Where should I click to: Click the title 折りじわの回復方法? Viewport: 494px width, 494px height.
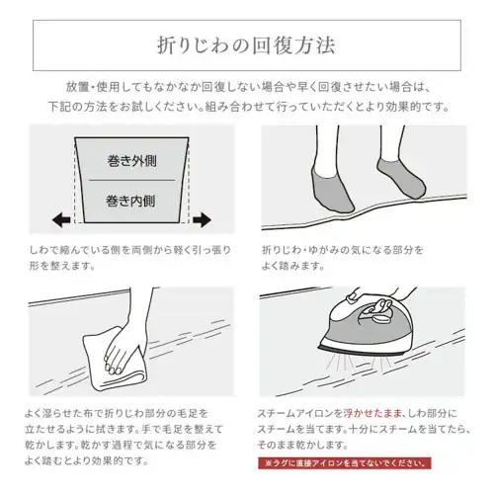point(247,44)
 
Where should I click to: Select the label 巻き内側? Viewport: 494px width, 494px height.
point(131,201)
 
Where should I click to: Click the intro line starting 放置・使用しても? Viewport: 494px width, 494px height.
point(247,86)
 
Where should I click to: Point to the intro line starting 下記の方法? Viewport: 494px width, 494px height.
point(247,106)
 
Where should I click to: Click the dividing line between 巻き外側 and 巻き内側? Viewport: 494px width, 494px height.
point(131,180)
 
